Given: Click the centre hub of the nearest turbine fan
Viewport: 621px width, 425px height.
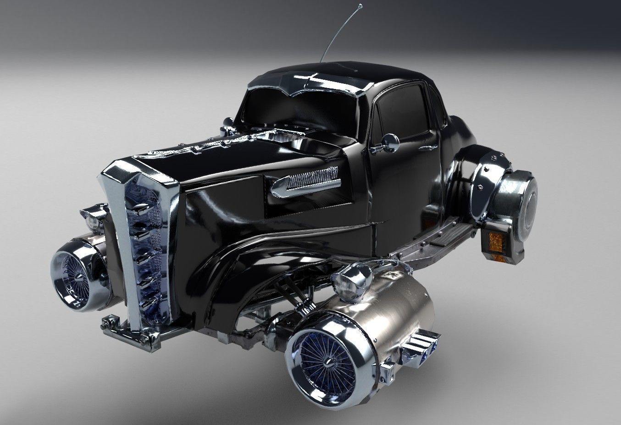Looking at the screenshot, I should pyautogui.click(x=327, y=349).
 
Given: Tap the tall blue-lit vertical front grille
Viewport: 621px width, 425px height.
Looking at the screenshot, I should pyautogui.click(x=144, y=243).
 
